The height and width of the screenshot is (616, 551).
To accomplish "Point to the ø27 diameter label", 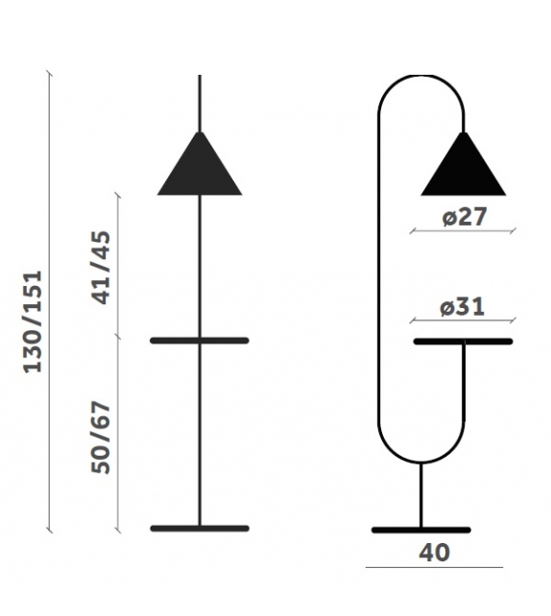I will [x=465, y=218].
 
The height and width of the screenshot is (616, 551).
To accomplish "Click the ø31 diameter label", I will [x=462, y=308].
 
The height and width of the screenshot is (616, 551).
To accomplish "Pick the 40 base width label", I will [x=434, y=553].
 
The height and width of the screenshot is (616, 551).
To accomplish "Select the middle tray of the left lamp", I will [x=200, y=341].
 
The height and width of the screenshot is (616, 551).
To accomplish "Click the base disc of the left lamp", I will [x=200, y=529].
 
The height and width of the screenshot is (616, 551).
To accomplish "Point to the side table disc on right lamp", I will [x=463, y=342].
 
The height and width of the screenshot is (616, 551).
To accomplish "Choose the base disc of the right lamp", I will [x=420, y=530].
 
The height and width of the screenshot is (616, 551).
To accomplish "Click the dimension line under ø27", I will [x=463, y=231].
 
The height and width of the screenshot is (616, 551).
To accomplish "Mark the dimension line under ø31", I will [x=463, y=321].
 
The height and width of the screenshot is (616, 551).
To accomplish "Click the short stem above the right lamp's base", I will [x=420, y=494].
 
